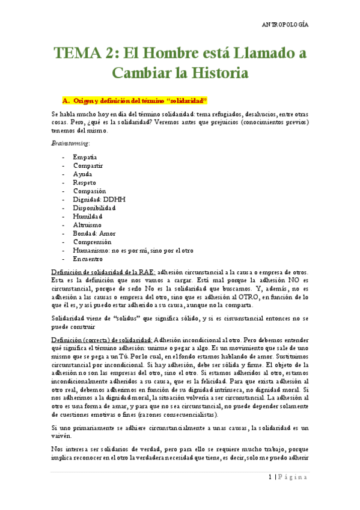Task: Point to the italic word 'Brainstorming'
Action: pos(71,143)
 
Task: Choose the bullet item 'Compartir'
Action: pos(88,165)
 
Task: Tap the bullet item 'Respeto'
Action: pos(84,182)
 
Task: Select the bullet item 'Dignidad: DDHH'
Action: pos(99,199)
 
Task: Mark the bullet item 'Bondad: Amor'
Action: pos(94,233)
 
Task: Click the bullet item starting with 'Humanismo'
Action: pos(132,250)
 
